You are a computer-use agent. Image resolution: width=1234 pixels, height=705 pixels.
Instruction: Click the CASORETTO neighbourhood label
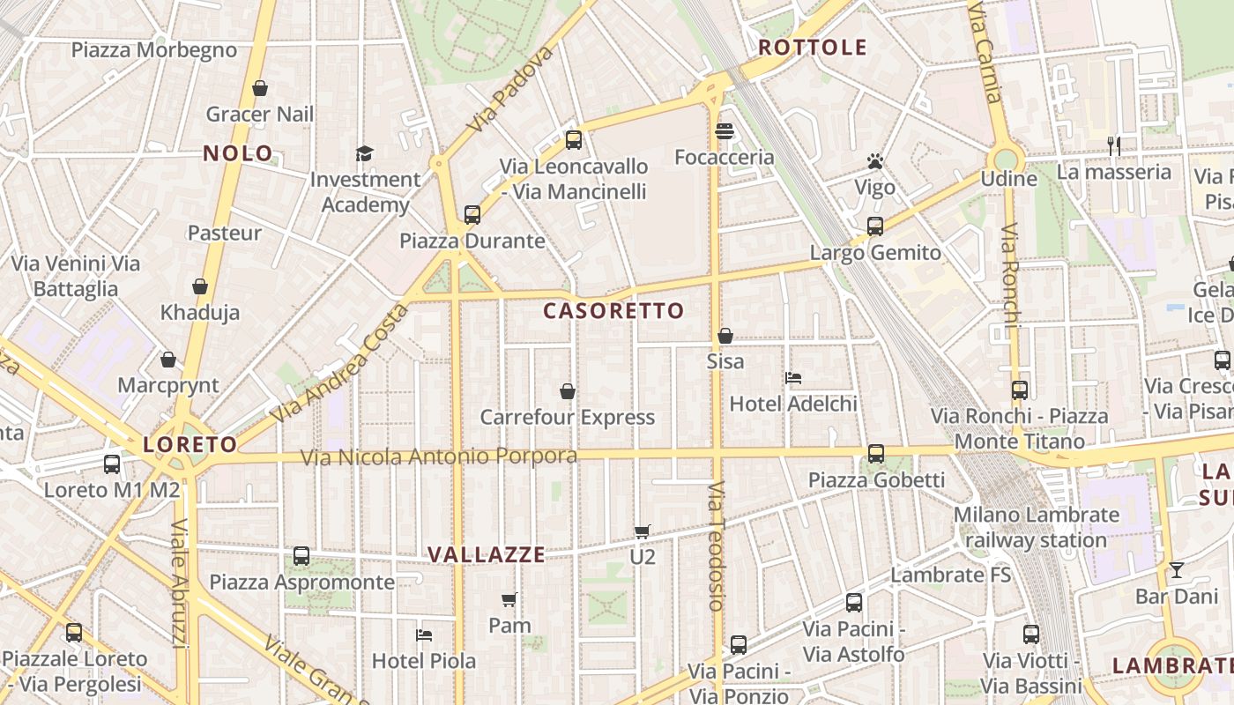tap(613, 311)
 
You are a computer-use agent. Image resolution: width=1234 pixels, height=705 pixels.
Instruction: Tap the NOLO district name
tap(238, 153)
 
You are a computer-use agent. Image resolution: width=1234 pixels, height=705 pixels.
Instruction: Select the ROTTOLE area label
tap(813, 48)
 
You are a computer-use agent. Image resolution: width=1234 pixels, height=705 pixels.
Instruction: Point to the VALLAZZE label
tap(487, 555)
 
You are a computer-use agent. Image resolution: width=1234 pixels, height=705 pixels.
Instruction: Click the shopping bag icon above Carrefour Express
tap(568, 390)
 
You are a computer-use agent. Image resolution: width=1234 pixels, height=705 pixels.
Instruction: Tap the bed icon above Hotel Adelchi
tap(793, 378)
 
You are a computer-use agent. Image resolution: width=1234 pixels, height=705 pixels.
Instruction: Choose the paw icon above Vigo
tap(874, 161)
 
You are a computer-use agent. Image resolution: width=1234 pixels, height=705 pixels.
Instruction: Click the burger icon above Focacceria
tap(725, 131)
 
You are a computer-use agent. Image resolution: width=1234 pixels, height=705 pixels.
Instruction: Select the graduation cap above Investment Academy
tap(365, 154)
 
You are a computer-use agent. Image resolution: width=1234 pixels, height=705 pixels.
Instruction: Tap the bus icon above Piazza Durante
tap(472, 214)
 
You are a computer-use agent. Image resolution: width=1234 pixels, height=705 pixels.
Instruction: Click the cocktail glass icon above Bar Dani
tap(1176, 570)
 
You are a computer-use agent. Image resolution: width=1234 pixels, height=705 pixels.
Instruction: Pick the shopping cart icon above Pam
tap(509, 600)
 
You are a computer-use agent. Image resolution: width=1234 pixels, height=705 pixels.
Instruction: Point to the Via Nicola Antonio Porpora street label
tap(439, 456)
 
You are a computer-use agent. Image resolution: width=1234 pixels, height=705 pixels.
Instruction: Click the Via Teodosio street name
tap(716, 546)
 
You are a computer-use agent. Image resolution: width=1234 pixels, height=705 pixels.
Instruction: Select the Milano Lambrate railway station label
tap(1036, 527)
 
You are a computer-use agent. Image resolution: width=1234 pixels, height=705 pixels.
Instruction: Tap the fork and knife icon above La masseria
tap(1114, 146)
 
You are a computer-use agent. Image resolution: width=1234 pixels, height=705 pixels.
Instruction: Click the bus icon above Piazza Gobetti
tap(875, 454)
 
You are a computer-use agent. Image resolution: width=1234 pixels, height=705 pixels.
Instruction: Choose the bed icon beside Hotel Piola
tap(424, 634)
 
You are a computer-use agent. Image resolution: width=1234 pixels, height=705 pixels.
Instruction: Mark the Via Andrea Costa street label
tap(339, 363)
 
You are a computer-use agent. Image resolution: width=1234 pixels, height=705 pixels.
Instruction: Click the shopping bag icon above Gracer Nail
tap(260, 88)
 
